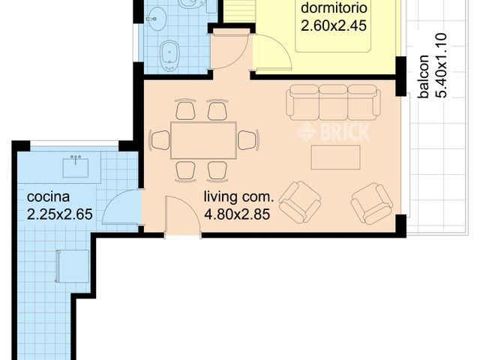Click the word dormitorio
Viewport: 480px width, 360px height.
pos(334,9)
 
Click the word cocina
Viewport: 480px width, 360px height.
pos(48,197)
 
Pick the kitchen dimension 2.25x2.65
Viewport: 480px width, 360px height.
pos(59,214)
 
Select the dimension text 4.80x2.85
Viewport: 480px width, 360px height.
pos(237,214)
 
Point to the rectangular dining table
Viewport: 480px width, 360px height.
pos(203,140)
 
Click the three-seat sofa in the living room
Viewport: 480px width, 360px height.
pos(333,102)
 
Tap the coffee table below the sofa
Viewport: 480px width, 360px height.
pos(335,157)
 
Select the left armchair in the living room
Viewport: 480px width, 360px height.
pos(299,202)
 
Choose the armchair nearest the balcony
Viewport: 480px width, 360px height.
pos(372,202)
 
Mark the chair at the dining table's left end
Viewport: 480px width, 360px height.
pos(160,140)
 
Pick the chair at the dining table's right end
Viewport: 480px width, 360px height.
pos(247,140)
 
